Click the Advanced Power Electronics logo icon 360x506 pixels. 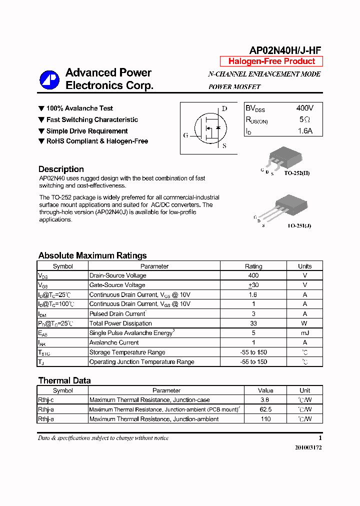click(x=49, y=79)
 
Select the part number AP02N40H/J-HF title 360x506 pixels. click(x=285, y=50)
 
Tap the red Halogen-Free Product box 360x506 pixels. click(x=271, y=61)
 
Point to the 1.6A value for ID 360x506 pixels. click(x=304, y=131)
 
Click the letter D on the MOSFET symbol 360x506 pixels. click(x=224, y=109)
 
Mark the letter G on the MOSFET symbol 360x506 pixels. click(x=186, y=135)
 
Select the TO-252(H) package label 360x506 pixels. click(x=297, y=173)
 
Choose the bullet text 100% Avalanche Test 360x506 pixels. click(x=79, y=108)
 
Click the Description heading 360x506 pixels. click(x=61, y=169)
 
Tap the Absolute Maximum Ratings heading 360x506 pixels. click(x=92, y=255)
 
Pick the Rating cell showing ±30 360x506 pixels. click(x=253, y=285)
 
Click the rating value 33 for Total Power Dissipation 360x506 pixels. click(x=253, y=323)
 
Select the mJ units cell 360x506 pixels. click(x=304, y=333)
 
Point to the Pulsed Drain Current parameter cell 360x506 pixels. click(x=117, y=314)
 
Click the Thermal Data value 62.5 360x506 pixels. click(x=265, y=409)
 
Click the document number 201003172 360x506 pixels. click(x=308, y=447)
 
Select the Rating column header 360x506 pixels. click(x=253, y=266)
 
